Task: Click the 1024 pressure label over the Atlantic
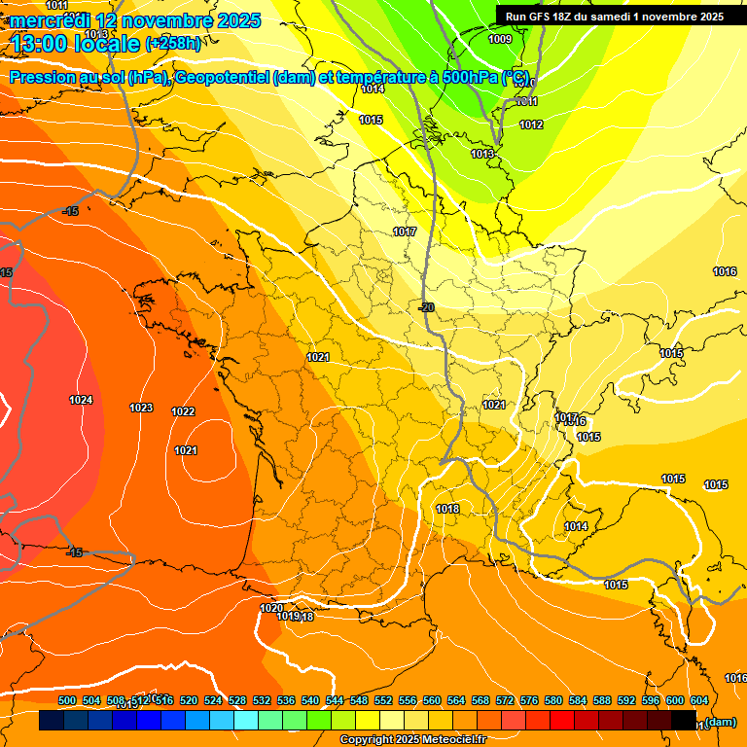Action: coord(81,400)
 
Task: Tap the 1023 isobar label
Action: coord(141,408)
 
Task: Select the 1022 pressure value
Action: coord(183,411)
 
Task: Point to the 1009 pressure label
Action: coord(499,39)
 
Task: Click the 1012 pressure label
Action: coord(531,124)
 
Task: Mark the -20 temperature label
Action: coord(425,307)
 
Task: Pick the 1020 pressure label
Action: coord(271,608)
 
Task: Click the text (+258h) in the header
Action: coord(173,43)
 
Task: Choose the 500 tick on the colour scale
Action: coord(67,700)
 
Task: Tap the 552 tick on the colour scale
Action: coord(383,700)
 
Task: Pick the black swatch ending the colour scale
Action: coord(684,720)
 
